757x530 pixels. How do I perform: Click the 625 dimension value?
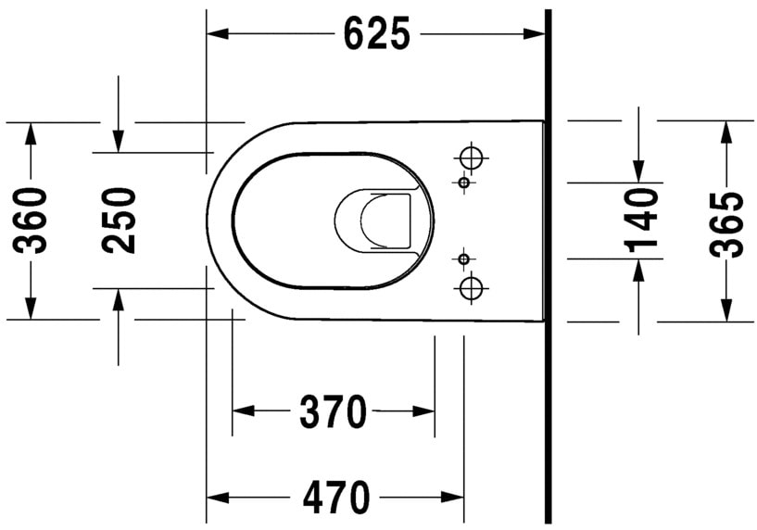tap(375, 34)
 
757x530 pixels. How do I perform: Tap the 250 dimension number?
tap(120, 220)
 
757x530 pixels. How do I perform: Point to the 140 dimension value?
tap(640, 220)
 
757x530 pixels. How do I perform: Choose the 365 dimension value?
tap(726, 222)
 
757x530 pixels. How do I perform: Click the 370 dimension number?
tap(334, 411)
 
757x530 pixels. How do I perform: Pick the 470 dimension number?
tap(335, 498)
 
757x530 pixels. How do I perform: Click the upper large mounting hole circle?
tap(473, 157)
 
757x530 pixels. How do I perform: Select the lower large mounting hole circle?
tap(473, 287)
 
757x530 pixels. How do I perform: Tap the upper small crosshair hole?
tap(464, 183)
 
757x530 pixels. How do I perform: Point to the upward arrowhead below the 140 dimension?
tap(639, 270)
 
